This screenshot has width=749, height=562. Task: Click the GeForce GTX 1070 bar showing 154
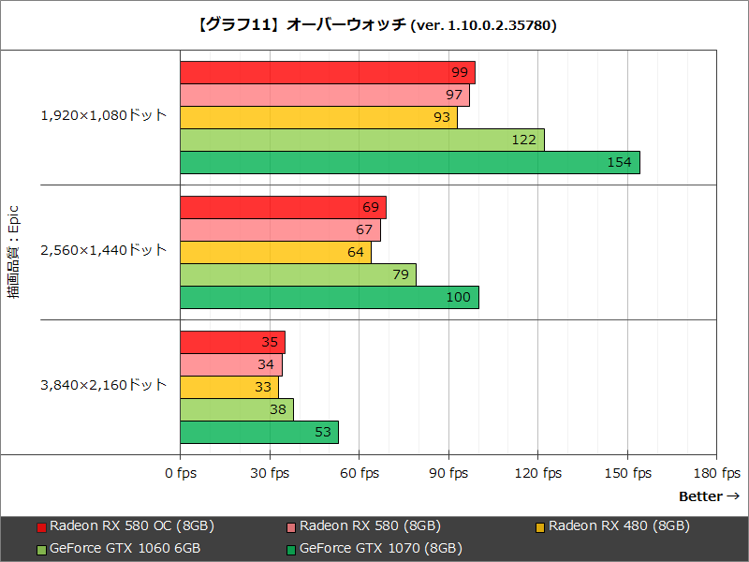click(409, 162)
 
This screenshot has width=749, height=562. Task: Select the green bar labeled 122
click(361, 140)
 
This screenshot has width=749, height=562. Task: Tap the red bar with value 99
click(327, 72)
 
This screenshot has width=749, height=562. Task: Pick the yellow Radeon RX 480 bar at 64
click(275, 252)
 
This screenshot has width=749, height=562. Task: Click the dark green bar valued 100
click(329, 297)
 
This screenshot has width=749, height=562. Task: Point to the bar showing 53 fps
click(258, 432)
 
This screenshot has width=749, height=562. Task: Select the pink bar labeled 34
click(230, 364)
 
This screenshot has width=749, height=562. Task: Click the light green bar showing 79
click(298, 274)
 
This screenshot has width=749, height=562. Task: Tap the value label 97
click(455, 95)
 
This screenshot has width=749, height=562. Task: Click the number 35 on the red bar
click(270, 342)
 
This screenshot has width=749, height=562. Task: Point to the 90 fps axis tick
click(448, 473)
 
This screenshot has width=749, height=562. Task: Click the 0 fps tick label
click(180, 473)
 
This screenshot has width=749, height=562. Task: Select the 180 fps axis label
click(717, 473)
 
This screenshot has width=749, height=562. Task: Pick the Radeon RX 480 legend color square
click(541, 526)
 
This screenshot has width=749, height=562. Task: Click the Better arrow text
click(709, 496)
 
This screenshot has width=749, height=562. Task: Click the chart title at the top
click(374, 25)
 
